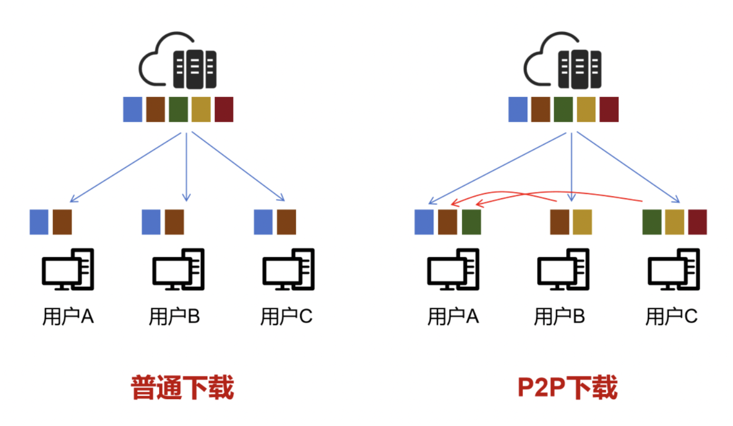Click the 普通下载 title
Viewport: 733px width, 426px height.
(x=182, y=388)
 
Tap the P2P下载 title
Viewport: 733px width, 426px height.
(x=567, y=388)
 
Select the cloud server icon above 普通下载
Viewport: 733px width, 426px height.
(x=178, y=60)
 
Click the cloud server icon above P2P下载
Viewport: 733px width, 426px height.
(x=563, y=60)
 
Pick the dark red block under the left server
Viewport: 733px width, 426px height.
(x=224, y=109)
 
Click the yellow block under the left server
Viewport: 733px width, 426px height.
(x=201, y=109)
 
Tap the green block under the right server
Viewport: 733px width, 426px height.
(x=563, y=109)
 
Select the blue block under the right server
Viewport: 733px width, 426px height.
(x=518, y=109)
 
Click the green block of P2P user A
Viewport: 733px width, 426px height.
(x=471, y=222)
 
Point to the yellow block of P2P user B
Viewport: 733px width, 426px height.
(x=583, y=222)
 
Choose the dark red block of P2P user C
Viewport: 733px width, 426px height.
(x=697, y=222)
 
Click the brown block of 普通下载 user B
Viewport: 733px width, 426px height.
(x=175, y=222)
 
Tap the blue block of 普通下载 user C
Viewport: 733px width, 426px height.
(x=263, y=222)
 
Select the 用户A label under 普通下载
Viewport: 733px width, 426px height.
(x=69, y=316)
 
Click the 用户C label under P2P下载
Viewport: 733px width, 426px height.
(x=671, y=316)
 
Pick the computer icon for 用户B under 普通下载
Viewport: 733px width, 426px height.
(x=178, y=269)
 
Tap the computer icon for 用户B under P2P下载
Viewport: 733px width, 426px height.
(x=563, y=269)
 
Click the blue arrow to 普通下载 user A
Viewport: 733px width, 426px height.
(x=126, y=167)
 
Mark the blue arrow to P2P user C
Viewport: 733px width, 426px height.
(x=628, y=167)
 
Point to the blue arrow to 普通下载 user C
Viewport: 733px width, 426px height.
(x=238, y=166)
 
